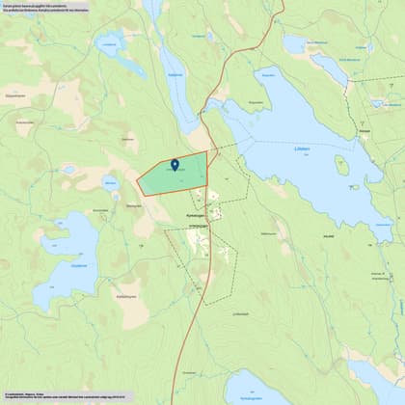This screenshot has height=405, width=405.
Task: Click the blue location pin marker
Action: tap(175, 166)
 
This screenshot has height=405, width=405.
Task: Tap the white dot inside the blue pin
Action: tap(175, 164)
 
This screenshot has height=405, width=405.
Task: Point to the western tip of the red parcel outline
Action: tap(137, 179)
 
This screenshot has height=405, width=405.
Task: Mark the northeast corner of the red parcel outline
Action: tap(207, 151)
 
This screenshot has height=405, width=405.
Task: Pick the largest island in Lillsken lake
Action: tap(341, 165)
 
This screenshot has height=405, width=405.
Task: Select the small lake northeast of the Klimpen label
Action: tap(378, 102)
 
